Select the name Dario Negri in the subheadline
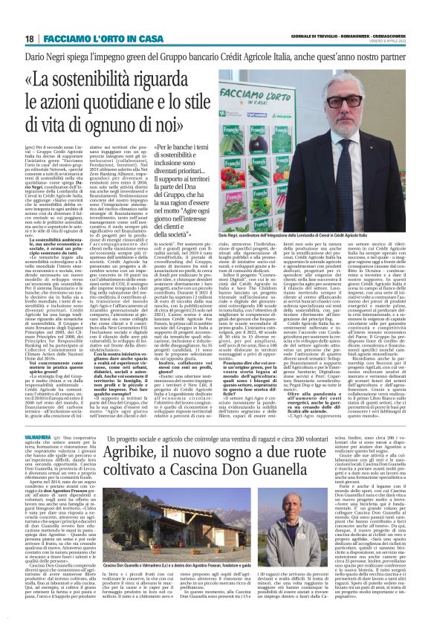click(50, 57)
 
